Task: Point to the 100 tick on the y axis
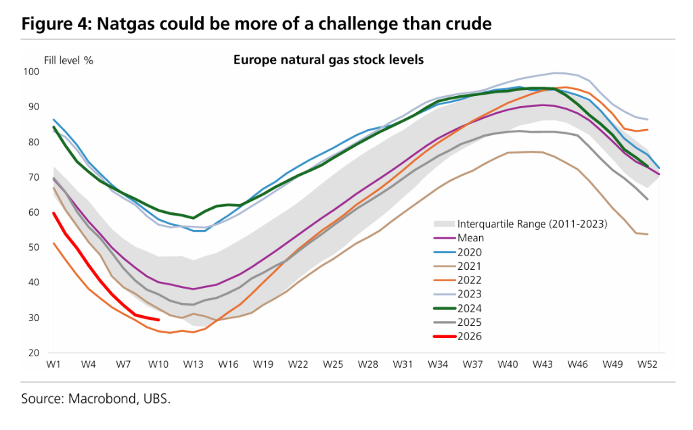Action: [x=32, y=72]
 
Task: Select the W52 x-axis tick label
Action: [x=647, y=364]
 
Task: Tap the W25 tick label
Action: [x=333, y=364]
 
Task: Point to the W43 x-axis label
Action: [x=543, y=364]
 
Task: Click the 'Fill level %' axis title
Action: [x=68, y=60]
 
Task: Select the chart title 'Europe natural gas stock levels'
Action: [x=328, y=59]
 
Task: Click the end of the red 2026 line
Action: [x=158, y=320]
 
